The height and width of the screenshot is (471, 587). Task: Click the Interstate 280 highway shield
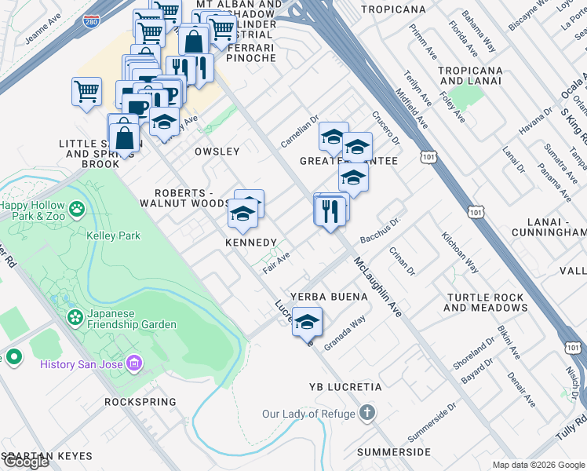[x=92, y=23]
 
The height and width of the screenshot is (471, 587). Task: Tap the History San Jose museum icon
[x=134, y=363]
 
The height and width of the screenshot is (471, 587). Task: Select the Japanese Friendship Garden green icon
[x=76, y=317]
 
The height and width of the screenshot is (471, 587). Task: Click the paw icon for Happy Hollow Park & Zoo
[x=77, y=210]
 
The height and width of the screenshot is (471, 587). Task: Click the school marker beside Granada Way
[x=308, y=322]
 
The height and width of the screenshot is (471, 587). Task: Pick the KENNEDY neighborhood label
[x=251, y=243]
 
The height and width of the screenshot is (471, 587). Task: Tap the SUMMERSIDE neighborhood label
[x=393, y=452]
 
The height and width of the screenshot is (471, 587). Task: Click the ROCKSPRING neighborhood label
[x=140, y=401]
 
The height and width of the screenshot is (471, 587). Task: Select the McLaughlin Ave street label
[x=377, y=287]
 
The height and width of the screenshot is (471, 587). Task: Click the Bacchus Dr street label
[x=381, y=230]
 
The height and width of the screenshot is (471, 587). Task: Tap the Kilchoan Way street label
[x=460, y=252]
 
